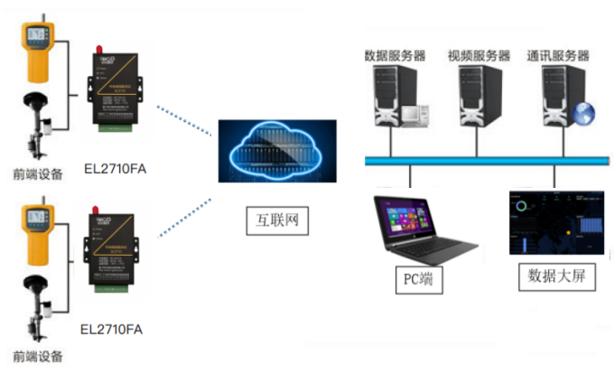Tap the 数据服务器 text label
pos(394,56)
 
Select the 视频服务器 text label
pos(479,56)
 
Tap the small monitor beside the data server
pos(414,115)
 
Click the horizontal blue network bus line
pos(488,161)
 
